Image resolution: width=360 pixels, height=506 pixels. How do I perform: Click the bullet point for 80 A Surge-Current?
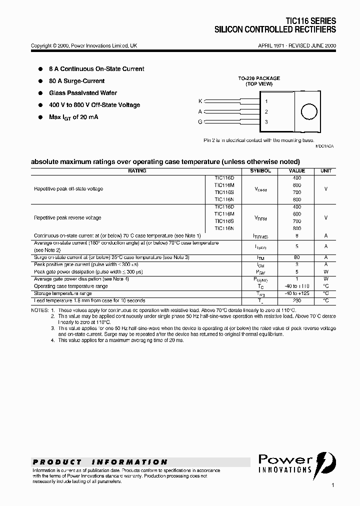coord(40,81)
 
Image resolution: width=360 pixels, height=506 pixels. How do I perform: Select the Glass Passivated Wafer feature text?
coord(83,93)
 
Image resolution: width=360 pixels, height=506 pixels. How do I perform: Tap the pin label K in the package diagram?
coord(200,101)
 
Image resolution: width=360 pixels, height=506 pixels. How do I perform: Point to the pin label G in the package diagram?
coord(200,121)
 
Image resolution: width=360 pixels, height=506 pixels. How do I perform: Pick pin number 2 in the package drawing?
coord(266,111)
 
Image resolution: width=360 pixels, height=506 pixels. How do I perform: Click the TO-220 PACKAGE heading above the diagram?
coord(258,78)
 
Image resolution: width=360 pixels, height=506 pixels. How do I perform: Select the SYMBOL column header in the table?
coord(260,171)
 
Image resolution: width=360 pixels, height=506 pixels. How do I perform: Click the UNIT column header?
coord(325,171)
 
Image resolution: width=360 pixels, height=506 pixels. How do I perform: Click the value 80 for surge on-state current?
coord(297,257)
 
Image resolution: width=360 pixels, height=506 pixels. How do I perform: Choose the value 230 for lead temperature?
coord(297,300)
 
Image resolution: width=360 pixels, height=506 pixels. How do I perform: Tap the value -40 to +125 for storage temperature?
coord(297,293)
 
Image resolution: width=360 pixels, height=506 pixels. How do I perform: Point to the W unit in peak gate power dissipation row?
coord(325,271)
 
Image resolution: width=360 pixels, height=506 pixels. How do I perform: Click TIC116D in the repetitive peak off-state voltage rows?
coord(224,178)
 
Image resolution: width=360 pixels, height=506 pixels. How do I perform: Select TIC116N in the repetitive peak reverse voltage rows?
coord(224,228)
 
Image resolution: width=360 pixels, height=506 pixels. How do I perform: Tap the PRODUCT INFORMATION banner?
coord(100,462)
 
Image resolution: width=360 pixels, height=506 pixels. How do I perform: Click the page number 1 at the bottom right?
coord(333,485)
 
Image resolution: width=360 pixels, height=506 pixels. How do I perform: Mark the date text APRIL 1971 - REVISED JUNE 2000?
coord(296,45)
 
